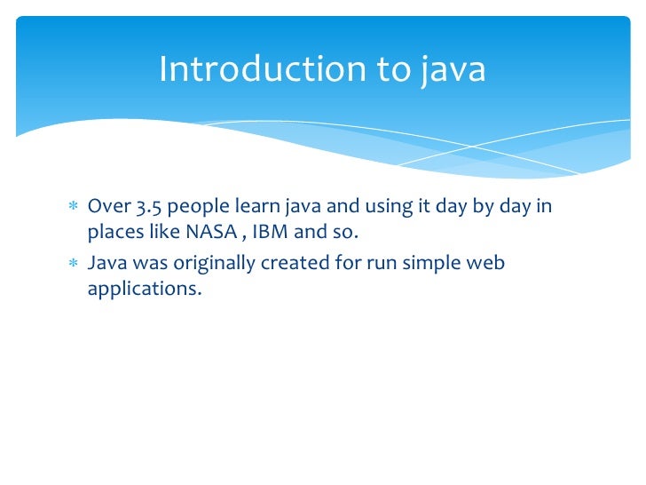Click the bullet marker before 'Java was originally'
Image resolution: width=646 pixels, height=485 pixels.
pos(74,264)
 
